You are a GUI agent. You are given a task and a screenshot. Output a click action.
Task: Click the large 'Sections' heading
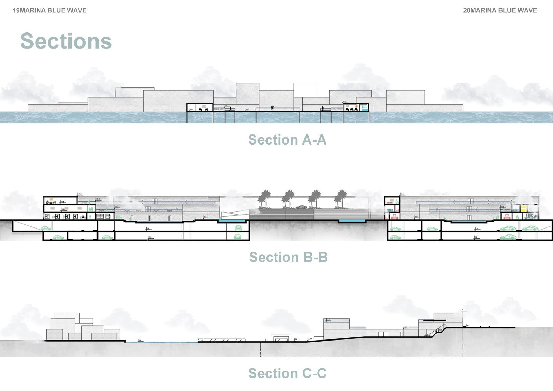66,41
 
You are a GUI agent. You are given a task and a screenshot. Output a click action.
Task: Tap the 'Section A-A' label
287,140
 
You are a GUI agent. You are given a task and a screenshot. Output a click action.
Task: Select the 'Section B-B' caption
288,257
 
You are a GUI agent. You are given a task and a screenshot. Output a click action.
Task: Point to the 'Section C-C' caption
287,373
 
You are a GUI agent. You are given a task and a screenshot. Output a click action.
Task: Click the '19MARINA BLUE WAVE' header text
49,10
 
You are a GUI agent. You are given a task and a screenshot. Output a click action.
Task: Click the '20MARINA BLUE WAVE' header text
500,10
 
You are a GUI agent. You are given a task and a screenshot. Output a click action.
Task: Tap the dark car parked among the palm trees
301,207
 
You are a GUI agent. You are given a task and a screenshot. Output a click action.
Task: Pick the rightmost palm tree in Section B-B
340,198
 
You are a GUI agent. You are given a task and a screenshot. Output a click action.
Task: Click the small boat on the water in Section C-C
140,341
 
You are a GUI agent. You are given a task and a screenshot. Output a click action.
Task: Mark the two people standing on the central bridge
272,108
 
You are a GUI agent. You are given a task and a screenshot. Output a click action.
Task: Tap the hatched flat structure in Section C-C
222,341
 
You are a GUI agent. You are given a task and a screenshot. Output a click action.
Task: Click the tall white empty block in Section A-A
304,90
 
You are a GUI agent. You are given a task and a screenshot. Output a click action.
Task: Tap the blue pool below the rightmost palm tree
352,221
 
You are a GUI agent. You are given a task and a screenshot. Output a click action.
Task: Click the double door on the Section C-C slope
381,334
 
